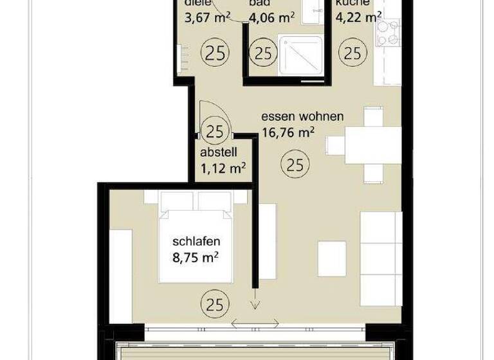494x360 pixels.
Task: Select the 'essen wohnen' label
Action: [302, 117]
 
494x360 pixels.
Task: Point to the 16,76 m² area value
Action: [288, 133]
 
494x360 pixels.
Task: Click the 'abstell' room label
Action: [219, 152]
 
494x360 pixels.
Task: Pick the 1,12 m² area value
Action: [223, 168]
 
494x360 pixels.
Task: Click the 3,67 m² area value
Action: [206, 18]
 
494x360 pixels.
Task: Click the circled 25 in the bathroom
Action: [262, 53]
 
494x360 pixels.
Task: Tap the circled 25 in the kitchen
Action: [352, 53]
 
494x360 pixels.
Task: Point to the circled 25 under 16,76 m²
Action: [294, 165]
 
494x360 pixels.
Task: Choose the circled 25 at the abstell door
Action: [214, 132]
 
